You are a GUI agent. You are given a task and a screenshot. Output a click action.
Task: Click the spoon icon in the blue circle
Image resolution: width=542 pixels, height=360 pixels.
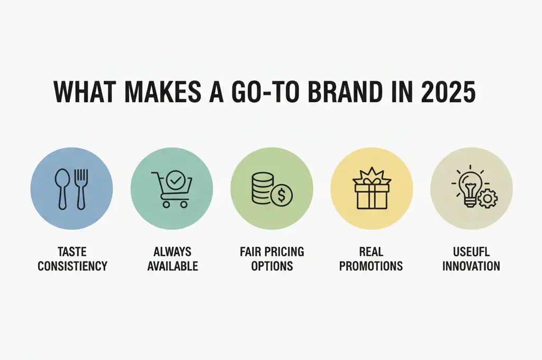pyautogui.click(x=62, y=188)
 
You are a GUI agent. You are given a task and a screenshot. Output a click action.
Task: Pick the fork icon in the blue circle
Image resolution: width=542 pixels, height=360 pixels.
pyautogui.click(x=81, y=188)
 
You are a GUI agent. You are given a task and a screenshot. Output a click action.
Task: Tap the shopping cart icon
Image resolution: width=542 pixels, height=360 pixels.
pyautogui.click(x=169, y=192)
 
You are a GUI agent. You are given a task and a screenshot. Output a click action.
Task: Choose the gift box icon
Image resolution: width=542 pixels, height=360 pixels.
pyautogui.click(x=371, y=189)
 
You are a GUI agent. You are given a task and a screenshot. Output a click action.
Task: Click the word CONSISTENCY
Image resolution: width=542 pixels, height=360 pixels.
pyautogui.click(x=72, y=265)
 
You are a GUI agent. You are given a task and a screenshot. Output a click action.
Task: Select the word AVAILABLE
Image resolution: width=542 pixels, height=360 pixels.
pyautogui.click(x=173, y=265)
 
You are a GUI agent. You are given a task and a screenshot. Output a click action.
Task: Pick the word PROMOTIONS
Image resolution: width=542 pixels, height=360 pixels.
pyautogui.click(x=371, y=265)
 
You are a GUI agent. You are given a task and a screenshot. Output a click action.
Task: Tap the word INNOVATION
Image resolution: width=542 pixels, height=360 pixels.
pyautogui.click(x=471, y=265)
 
